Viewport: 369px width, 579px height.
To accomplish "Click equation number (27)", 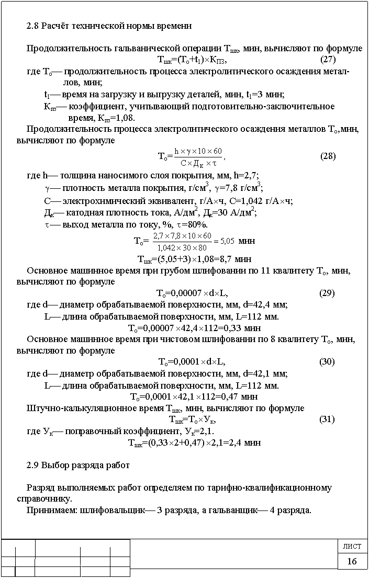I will (x=328, y=59).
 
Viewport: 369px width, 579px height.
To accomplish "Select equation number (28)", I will (x=328, y=156).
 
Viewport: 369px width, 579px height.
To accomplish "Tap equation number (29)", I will (x=327, y=293).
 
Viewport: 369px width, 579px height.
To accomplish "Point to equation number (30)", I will (x=327, y=361).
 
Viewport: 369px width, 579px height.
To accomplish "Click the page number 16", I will (x=352, y=561).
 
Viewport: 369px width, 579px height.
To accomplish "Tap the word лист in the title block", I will (x=352, y=547).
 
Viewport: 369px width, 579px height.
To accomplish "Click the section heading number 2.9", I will (x=32, y=464).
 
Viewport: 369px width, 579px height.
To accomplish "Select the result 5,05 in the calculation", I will (x=227, y=242).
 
